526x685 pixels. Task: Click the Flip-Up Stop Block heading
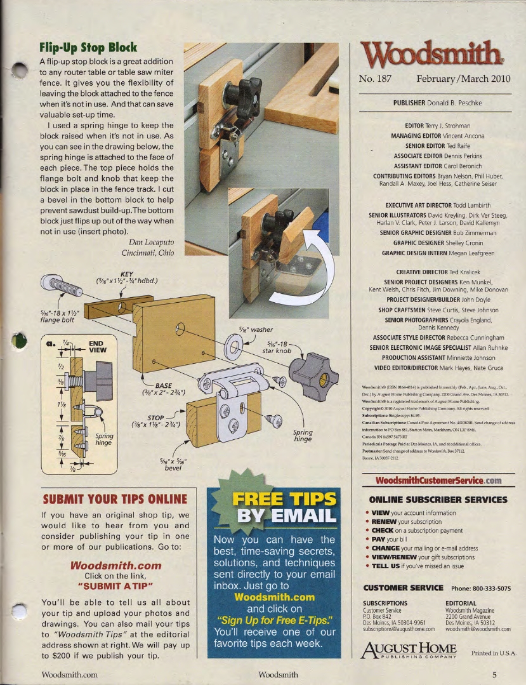click(88, 48)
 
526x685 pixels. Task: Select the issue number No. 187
click(376, 79)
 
